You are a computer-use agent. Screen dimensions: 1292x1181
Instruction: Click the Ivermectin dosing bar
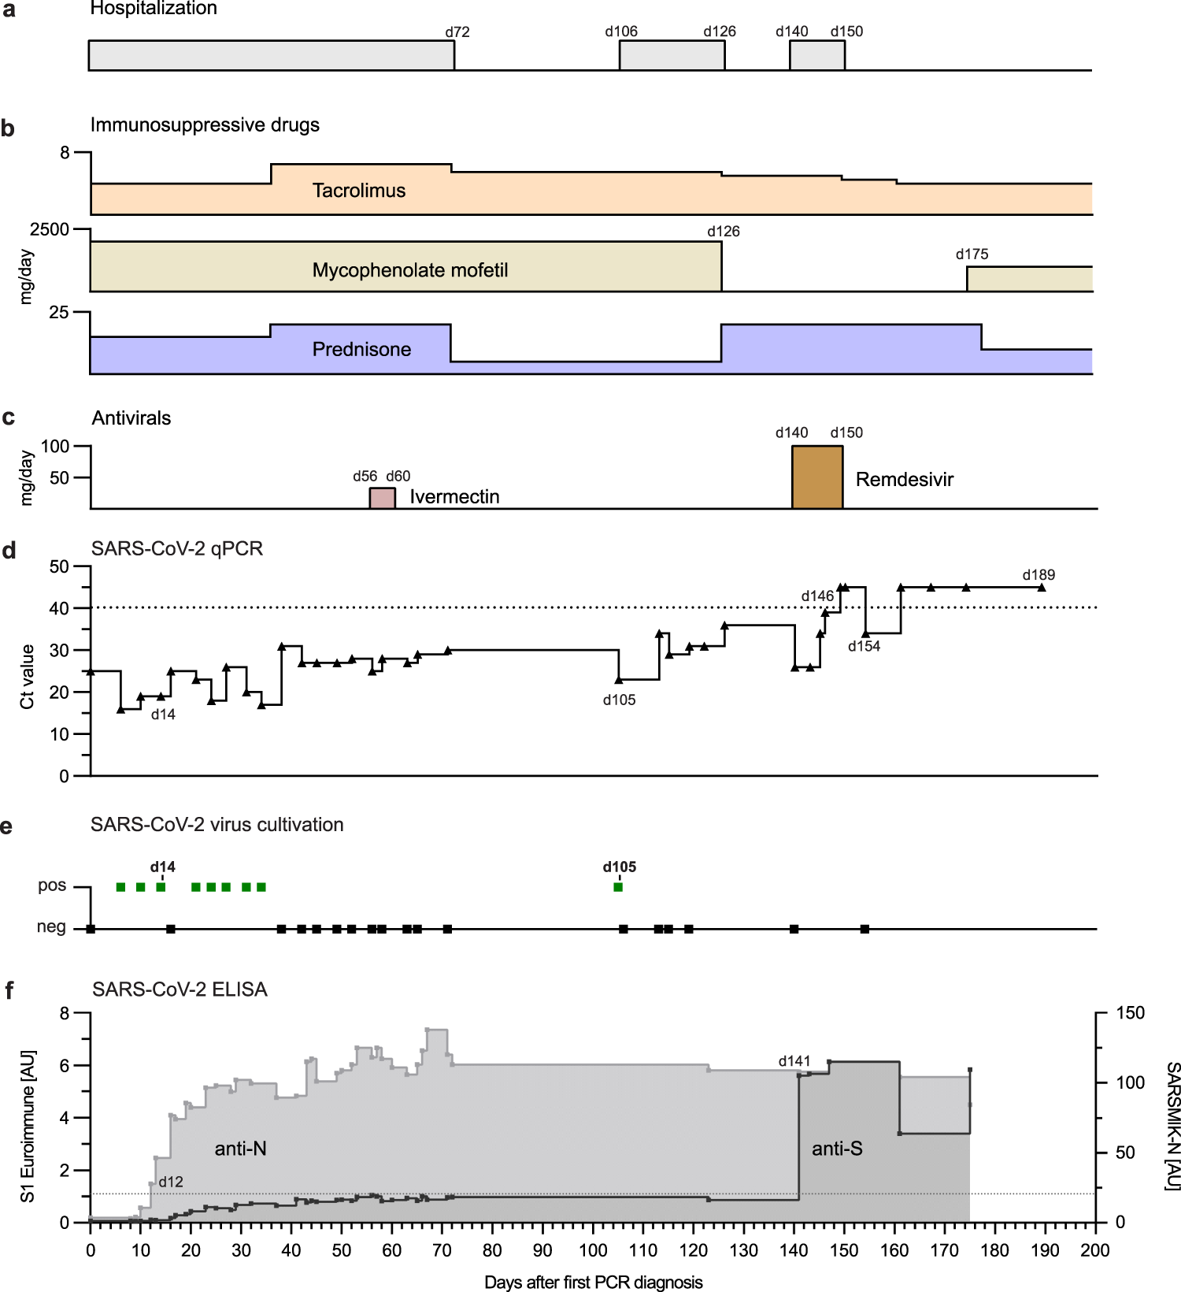383,499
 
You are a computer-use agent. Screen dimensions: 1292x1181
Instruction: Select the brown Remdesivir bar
817,477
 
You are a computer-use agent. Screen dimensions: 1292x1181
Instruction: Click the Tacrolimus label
359,191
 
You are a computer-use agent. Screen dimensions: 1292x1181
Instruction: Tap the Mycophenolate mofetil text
409,270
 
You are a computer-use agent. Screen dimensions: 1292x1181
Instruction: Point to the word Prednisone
361,349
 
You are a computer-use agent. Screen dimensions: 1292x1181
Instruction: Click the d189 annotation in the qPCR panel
1038,575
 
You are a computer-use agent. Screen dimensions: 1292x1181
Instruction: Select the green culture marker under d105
618,887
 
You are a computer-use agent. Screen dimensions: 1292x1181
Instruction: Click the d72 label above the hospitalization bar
457,32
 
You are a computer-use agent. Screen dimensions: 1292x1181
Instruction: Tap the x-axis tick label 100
593,1250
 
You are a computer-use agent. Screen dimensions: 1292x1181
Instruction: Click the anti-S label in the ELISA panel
837,1149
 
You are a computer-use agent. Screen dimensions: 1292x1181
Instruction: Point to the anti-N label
240,1149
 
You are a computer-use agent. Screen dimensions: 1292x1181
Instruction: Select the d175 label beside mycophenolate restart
972,254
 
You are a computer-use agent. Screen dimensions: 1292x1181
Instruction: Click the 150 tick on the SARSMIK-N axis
1130,1013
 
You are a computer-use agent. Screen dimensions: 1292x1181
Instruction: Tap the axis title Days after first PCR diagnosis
593,1282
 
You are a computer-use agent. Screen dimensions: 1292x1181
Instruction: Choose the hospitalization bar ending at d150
817,55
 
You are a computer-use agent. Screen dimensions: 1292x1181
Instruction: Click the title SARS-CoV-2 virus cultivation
217,825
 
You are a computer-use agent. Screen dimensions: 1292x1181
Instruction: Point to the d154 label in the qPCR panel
864,647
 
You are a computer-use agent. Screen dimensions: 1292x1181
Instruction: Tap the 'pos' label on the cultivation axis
52,885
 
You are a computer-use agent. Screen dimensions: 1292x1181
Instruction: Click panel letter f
9,990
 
